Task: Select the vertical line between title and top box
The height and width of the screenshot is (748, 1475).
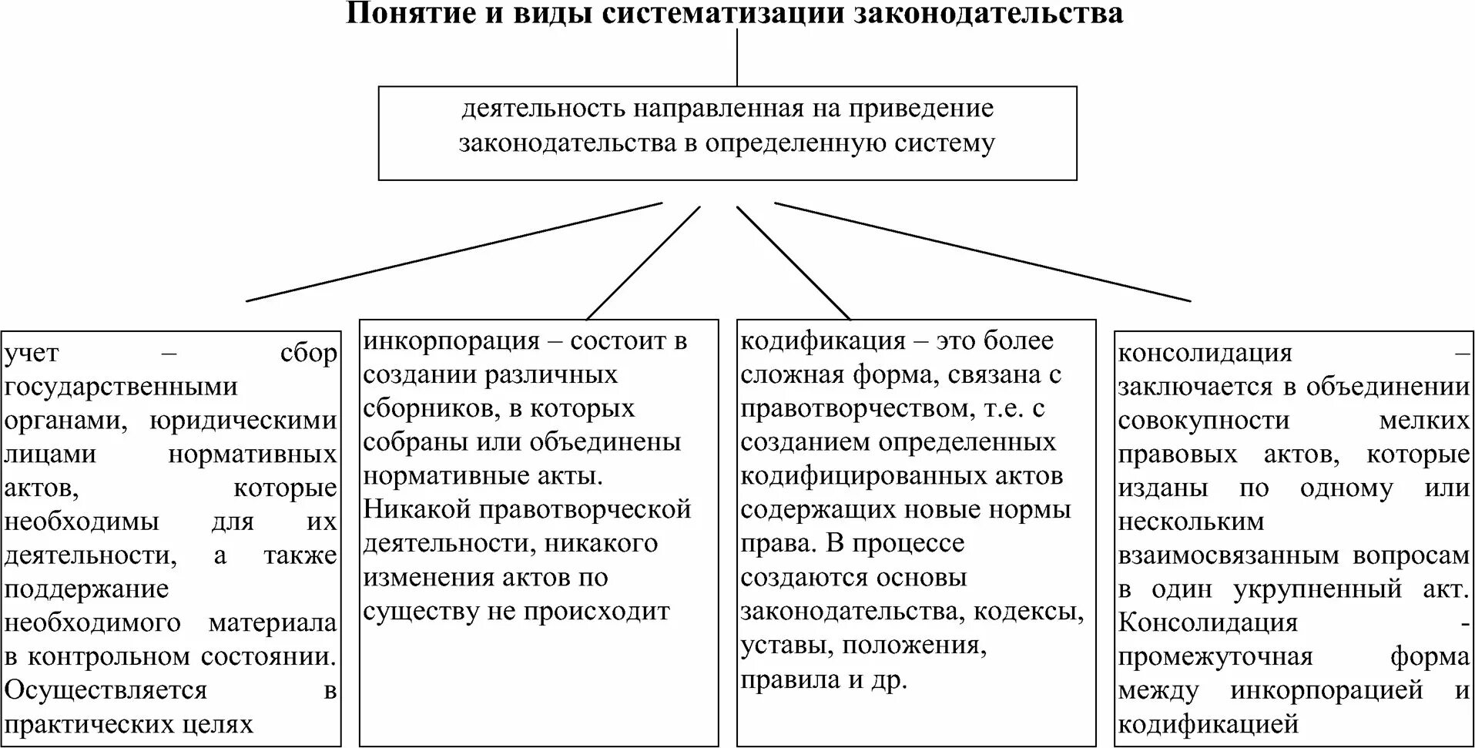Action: pos(737,57)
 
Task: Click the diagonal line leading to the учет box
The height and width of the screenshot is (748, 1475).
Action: pos(454,251)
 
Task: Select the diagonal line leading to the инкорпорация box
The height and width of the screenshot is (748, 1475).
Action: pos(644,262)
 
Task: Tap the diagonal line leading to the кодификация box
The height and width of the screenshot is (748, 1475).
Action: pos(793,262)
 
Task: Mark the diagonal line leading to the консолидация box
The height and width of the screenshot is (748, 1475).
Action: pos(982,251)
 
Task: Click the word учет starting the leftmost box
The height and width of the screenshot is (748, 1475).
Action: pos(32,354)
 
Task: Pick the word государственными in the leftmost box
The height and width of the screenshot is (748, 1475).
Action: pos(121,387)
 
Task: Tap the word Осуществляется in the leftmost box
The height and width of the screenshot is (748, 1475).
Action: pos(106,690)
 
